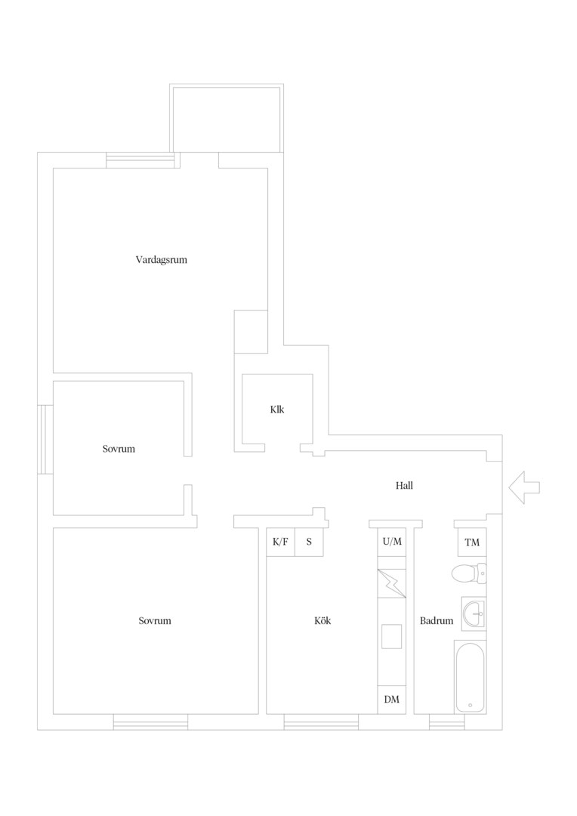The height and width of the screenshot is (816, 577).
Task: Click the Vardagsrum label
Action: pyautogui.click(x=162, y=260)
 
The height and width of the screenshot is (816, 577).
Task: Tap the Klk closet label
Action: pyautogui.click(x=277, y=410)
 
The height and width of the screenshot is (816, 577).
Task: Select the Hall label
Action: pyautogui.click(x=404, y=486)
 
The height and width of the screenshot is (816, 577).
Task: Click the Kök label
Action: pyautogui.click(x=322, y=620)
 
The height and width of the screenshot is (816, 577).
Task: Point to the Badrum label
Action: pyautogui.click(x=437, y=620)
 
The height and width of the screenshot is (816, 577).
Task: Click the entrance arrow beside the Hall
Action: pyautogui.click(x=524, y=487)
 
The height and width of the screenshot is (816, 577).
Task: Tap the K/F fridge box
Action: pyautogui.click(x=280, y=542)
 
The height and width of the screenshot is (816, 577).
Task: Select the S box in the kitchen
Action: pyautogui.click(x=309, y=542)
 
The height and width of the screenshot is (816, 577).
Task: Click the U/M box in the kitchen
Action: pyautogui.click(x=392, y=542)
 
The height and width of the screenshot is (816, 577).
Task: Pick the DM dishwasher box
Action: pyautogui.click(x=392, y=700)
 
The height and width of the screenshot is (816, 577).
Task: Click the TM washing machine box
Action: pyautogui.click(x=472, y=542)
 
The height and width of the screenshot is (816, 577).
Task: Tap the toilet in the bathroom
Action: pyautogui.click(x=469, y=574)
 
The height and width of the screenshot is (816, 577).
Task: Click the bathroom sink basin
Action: pyautogui.click(x=474, y=614)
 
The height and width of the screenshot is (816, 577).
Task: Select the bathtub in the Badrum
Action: pyautogui.click(x=471, y=676)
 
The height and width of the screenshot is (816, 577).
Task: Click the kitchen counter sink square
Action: pyautogui.click(x=392, y=636)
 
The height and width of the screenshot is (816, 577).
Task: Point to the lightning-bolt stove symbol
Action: pyautogui.click(x=392, y=583)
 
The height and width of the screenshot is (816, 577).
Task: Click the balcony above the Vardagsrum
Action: pyautogui.click(x=227, y=118)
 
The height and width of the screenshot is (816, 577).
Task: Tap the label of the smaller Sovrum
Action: pyautogui.click(x=119, y=449)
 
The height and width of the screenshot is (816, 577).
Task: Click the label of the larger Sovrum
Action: pyautogui.click(x=155, y=620)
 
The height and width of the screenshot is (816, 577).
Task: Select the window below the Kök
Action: pyautogui.click(x=321, y=722)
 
